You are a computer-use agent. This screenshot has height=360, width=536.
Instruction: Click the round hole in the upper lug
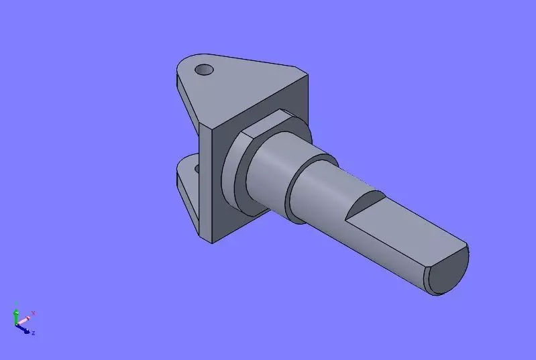[203, 69]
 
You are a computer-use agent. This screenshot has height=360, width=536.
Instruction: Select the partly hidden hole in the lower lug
[197, 160]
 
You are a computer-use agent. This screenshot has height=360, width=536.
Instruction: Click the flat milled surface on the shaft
[403, 228]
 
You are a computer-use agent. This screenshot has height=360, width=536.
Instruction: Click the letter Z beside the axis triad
[34, 333]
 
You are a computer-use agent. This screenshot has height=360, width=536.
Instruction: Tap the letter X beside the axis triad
[33, 313]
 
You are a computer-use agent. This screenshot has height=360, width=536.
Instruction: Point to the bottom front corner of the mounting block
[213, 242]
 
